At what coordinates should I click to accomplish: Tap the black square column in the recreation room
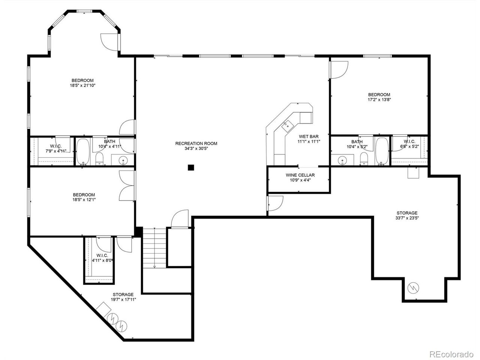coord(191,168)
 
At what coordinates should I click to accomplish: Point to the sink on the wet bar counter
coord(287,125)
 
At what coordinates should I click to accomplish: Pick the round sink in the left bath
coord(123,161)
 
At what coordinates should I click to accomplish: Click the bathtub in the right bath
coord(382,151)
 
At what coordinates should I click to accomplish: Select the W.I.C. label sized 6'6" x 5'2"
coord(409,144)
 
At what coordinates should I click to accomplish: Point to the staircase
coord(154,247)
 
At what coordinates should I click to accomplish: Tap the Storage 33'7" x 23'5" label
coord(406,215)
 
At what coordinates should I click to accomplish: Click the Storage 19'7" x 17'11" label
coord(123,297)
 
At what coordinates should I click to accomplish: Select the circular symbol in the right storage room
coord(413,288)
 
